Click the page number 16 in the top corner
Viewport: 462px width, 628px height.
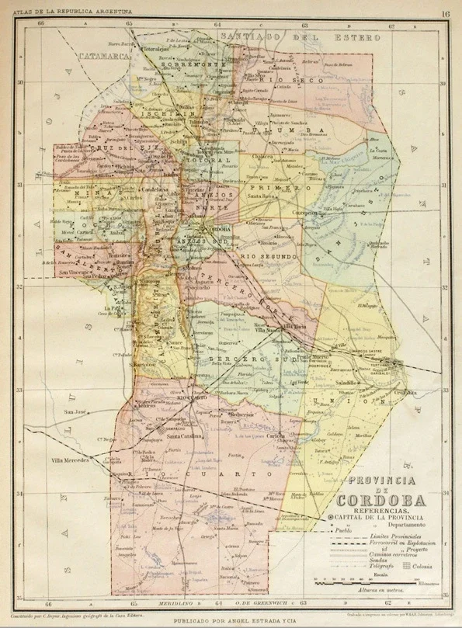pyautogui.click(x=446, y=12)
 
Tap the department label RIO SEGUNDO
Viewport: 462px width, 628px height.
pyautogui.click(x=268, y=256)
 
